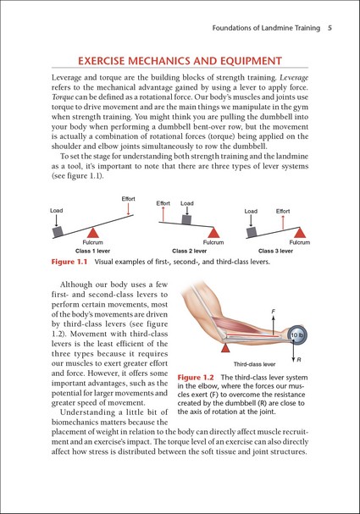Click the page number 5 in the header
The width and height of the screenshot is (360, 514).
click(x=330, y=28)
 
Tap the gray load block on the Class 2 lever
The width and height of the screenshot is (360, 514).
click(x=186, y=219)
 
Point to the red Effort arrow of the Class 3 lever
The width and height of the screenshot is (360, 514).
click(x=283, y=223)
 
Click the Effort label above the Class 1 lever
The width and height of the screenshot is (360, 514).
click(x=128, y=199)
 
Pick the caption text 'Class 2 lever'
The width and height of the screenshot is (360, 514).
click(x=190, y=251)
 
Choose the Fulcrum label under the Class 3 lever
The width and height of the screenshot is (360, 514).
click(x=300, y=242)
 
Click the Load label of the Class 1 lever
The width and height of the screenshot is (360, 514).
click(x=57, y=211)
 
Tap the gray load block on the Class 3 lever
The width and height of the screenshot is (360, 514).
click(x=252, y=232)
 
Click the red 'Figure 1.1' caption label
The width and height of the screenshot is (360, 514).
click(x=69, y=262)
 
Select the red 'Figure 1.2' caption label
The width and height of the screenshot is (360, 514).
click(x=196, y=378)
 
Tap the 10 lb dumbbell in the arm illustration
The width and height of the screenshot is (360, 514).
click(x=297, y=335)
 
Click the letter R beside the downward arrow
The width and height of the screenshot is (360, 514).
click(x=299, y=360)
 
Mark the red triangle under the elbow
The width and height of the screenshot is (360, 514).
click(x=225, y=348)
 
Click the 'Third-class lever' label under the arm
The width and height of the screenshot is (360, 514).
click(x=254, y=364)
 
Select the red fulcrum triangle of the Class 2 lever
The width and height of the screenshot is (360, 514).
click(x=213, y=232)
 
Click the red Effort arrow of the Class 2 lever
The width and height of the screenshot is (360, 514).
click(x=163, y=214)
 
